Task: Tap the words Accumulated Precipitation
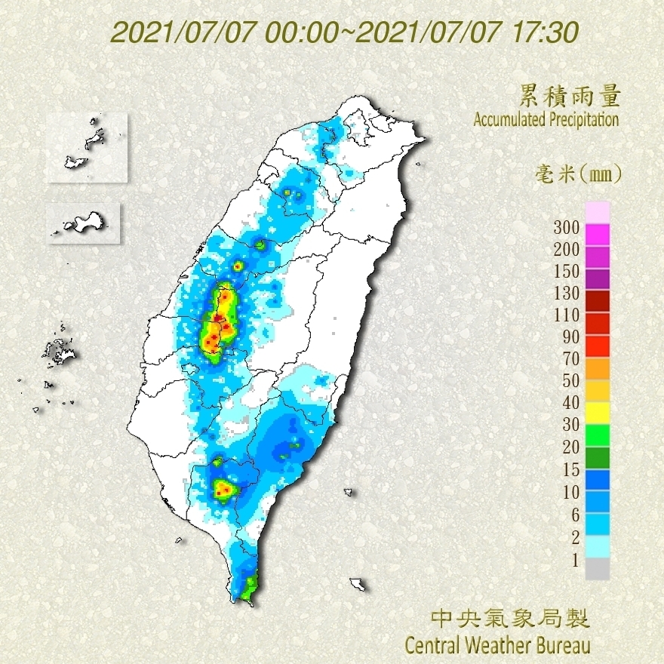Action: point(546,119)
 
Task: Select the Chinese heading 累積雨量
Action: point(570,97)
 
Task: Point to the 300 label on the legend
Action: point(566,227)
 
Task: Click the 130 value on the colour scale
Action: point(566,293)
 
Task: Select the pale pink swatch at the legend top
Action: point(597,212)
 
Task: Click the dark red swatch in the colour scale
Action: point(597,301)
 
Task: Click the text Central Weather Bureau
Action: point(497,645)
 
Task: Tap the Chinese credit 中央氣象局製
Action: point(510,619)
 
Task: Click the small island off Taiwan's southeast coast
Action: point(358,584)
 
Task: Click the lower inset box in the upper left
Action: point(83,223)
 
